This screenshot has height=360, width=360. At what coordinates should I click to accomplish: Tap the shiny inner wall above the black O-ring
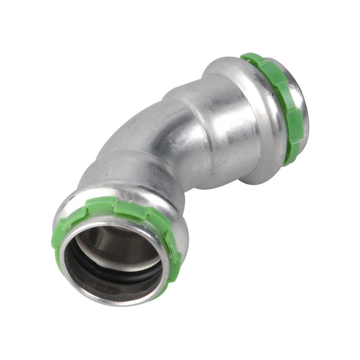116,244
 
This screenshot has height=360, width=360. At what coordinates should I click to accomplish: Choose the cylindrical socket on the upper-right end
224,124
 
